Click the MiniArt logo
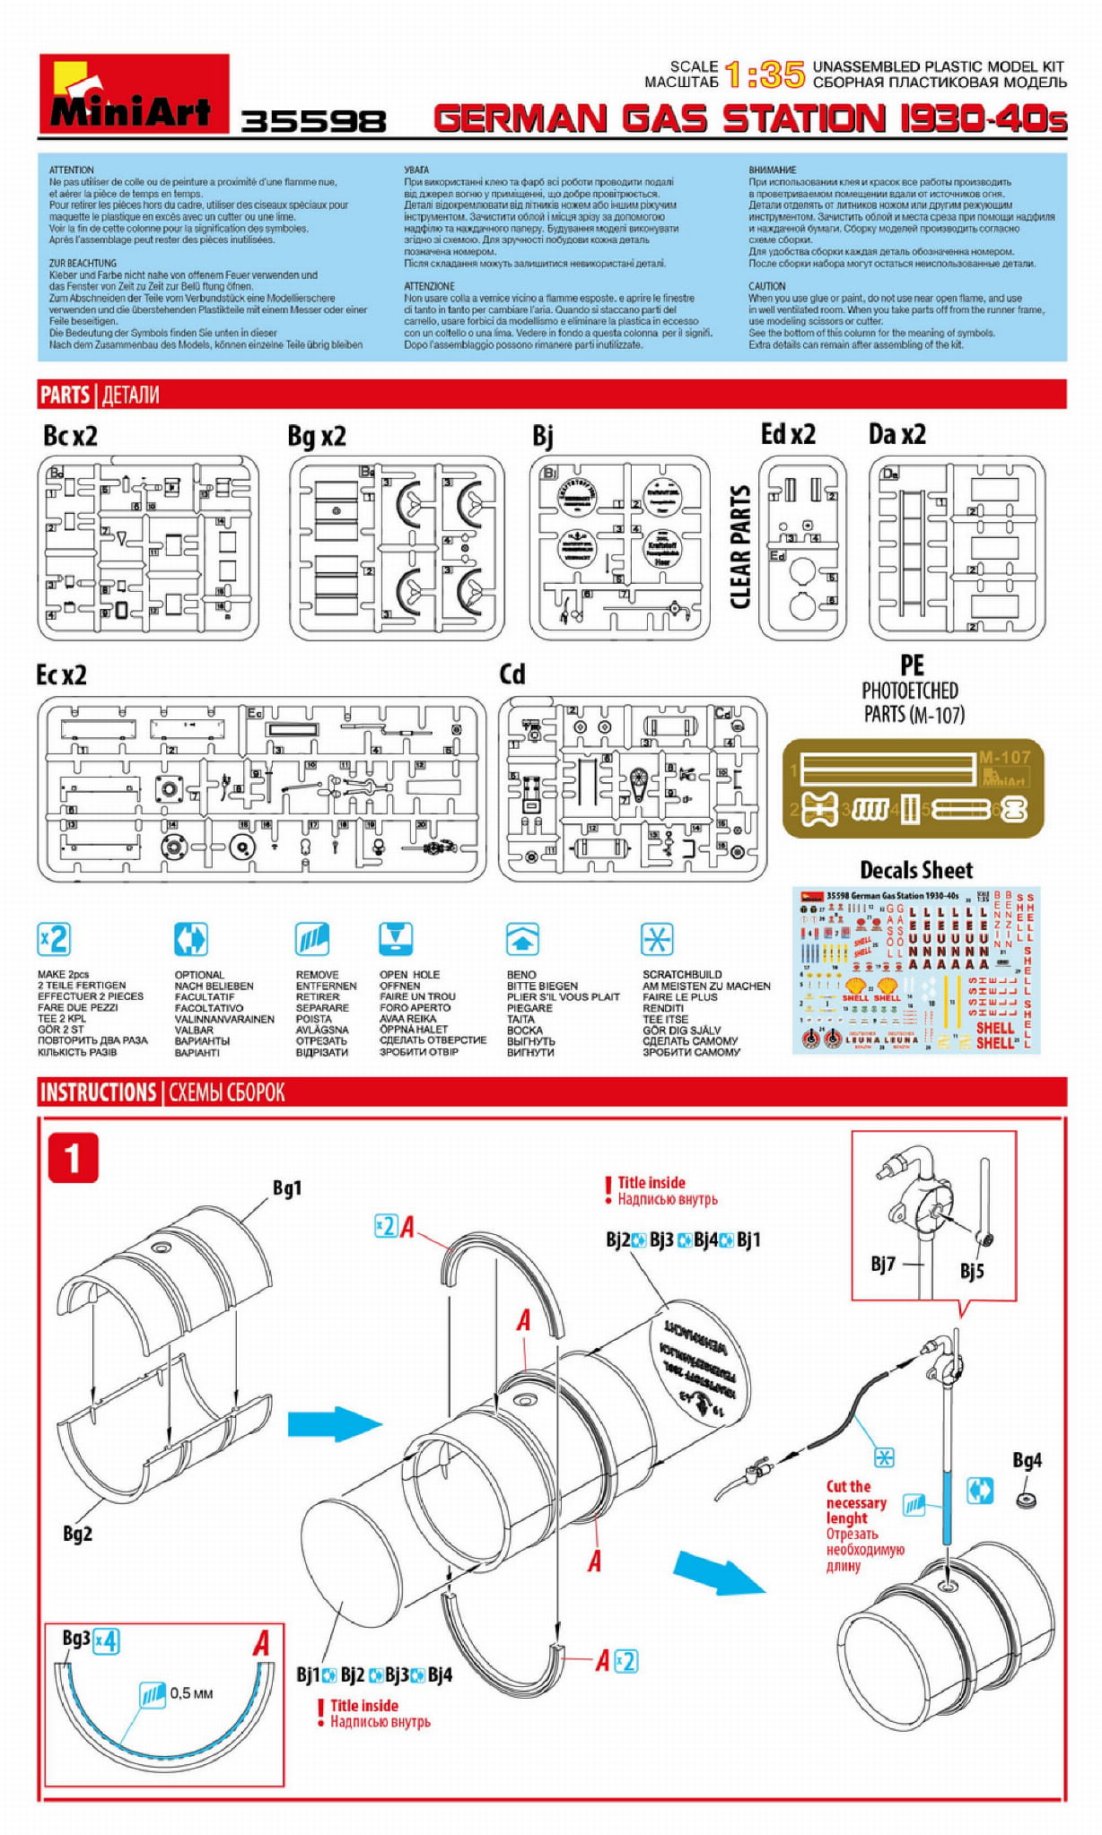click(x=134, y=93)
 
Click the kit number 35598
click(x=313, y=121)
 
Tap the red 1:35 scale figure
click(x=765, y=74)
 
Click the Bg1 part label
click(x=287, y=1188)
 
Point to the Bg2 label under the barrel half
click(x=77, y=1534)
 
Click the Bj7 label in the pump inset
click(x=883, y=1264)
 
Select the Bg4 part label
click(x=1027, y=1460)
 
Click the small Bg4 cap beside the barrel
click(x=1027, y=1499)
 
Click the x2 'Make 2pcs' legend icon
click(x=54, y=939)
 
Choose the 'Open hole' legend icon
click(x=395, y=939)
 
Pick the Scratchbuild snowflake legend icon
click(x=657, y=939)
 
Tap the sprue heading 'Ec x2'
click(x=61, y=675)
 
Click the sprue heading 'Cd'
click(x=512, y=674)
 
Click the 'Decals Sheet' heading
click(x=915, y=870)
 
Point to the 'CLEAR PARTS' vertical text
click(x=740, y=547)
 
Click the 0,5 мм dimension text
click(x=191, y=1693)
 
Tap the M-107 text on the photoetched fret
click(x=1004, y=757)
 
